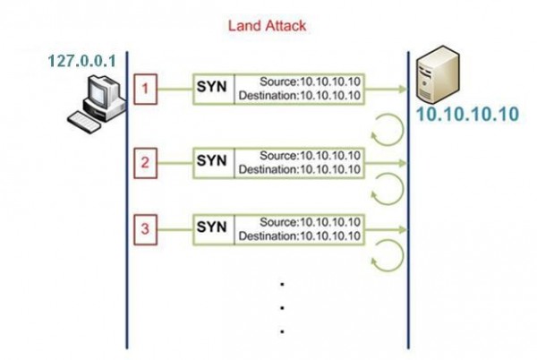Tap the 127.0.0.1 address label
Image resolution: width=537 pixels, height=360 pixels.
click(85, 63)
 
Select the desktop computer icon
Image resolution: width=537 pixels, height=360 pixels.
click(98, 100)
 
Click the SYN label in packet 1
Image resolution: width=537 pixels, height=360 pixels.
click(213, 90)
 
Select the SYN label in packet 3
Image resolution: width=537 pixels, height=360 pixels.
click(213, 229)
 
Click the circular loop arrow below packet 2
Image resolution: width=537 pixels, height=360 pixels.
click(386, 190)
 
